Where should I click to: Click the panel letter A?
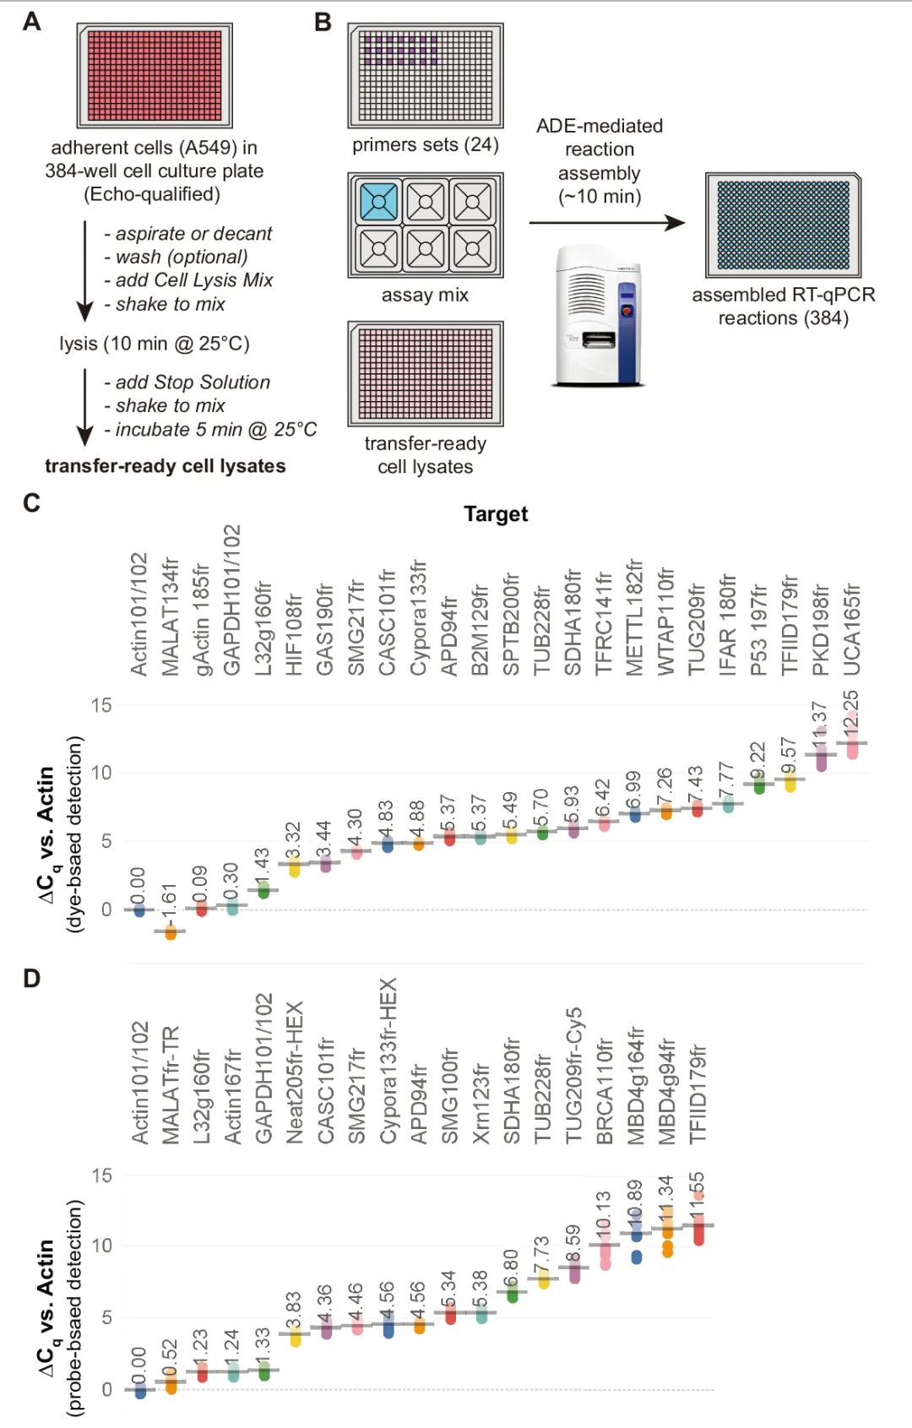pyautogui.click(x=31, y=21)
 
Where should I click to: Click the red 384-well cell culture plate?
pyautogui.click(x=155, y=75)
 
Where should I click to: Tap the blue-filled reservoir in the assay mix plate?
pyautogui.click(x=378, y=202)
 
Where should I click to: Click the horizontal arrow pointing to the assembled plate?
pyautogui.click(x=606, y=223)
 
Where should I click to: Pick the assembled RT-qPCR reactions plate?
pyautogui.click(x=783, y=225)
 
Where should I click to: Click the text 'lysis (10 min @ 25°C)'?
pyautogui.click(x=155, y=344)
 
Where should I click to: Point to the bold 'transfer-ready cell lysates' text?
pyautogui.click(x=166, y=466)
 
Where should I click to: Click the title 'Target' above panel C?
pyautogui.click(x=496, y=514)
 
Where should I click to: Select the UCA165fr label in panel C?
pyautogui.click(x=852, y=629)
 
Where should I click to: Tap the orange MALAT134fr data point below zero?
pyautogui.click(x=171, y=932)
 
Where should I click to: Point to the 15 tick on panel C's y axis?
pyautogui.click(x=101, y=705)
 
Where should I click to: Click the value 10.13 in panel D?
pyautogui.click(x=603, y=1214)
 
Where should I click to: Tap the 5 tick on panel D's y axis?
pyautogui.click(x=106, y=1317)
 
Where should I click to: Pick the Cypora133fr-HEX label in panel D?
pyautogui.click(x=388, y=1061)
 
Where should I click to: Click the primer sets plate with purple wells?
pyautogui.click(x=426, y=75)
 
